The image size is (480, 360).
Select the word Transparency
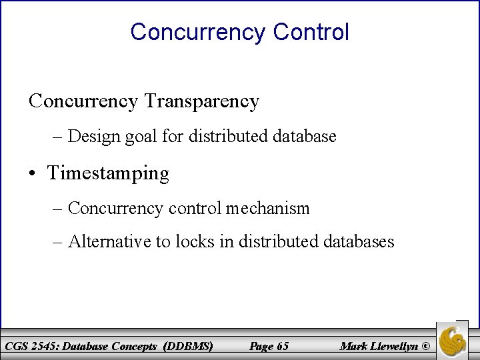pos(201,101)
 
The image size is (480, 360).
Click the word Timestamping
pos(108,173)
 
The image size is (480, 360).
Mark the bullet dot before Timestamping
pos(33,174)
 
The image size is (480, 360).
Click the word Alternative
pos(110,241)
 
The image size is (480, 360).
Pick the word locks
pos(194,241)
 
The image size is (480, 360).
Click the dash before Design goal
pos(57,137)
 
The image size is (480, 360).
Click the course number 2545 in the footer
pos(43,346)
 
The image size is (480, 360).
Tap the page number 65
pos(282,346)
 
